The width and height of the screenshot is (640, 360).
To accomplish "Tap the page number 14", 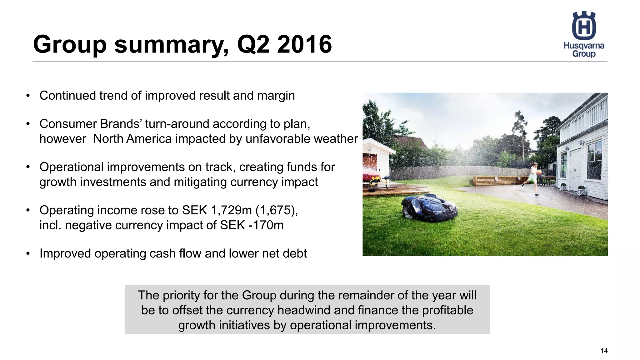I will pos(604,351).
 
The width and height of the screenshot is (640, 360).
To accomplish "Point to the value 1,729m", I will pos(231,210).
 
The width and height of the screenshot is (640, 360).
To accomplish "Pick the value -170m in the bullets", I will pos(266,225).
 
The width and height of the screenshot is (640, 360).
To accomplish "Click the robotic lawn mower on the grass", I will pos(429,207).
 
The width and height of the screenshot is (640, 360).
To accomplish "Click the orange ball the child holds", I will pos(539,172).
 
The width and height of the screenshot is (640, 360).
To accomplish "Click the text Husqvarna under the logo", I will pos(584,46).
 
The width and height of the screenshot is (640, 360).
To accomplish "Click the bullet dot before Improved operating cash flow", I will pos(28,253).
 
